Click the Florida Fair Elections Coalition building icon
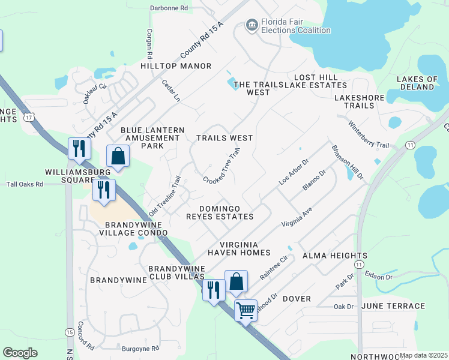point(252,24)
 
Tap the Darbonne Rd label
point(169,8)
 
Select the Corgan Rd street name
point(148,41)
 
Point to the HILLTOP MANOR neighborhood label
point(176,66)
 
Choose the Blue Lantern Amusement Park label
point(150,138)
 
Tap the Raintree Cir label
point(274,268)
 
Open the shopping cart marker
point(245,311)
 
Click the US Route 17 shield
point(28,118)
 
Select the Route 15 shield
point(71,332)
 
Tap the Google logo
point(20,352)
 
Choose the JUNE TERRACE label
point(393,307)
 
